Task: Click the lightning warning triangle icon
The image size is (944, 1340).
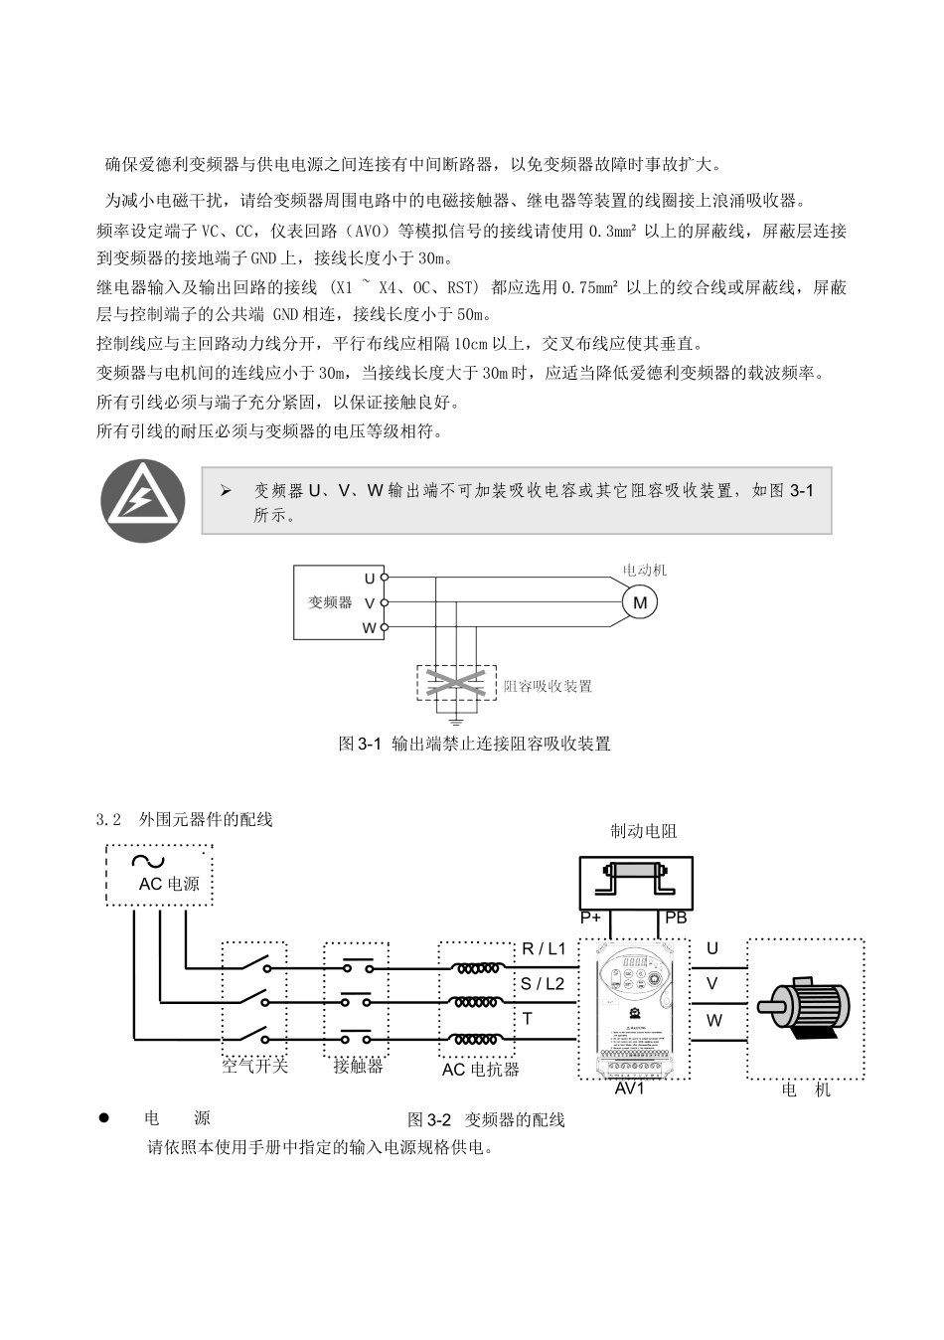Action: coord(143,501)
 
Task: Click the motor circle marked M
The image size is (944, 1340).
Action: coord(640,602)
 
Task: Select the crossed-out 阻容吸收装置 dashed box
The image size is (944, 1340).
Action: coord(456,684)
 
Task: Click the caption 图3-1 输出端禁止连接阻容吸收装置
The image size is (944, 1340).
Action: coord(475,744)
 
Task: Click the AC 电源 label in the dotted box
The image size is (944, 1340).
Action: coord(168,884)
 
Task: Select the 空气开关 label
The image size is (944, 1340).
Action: coord(254,1066)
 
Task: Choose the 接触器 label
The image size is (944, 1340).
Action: coord(358,1066)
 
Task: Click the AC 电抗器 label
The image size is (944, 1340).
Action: coord(481,1070)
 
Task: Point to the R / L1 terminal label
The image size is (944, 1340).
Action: coord(544,948)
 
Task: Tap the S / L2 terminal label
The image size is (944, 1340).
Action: coord(543,983)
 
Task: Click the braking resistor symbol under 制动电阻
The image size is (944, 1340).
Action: coord(636,880)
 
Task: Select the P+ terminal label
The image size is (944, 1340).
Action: coord(591,918)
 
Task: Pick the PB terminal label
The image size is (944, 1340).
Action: coord(676,918)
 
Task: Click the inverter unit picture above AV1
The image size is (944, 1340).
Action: coord(634,1008)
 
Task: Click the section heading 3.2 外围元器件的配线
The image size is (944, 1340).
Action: coord(185,820)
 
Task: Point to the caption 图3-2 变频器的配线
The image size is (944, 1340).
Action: coord(486,1119)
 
